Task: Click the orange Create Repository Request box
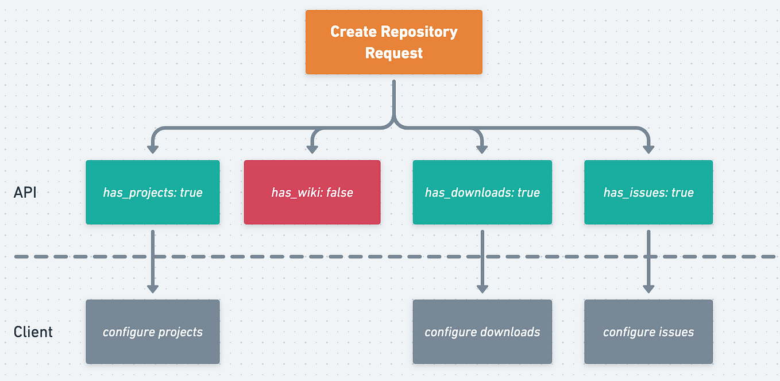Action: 393,42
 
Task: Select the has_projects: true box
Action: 153,192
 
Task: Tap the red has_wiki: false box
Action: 312,192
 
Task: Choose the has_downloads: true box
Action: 482,192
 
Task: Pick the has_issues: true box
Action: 648,192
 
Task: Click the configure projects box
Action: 153,332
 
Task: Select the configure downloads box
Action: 482,332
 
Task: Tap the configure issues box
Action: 648,332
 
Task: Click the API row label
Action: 25,192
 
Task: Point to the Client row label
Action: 33,332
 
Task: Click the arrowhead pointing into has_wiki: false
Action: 312,149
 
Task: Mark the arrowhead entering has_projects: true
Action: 153,149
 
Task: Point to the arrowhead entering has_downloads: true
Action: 482,149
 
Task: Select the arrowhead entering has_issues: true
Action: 648,149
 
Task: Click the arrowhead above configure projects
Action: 153,288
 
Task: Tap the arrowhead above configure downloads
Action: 482,288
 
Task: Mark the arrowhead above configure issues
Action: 648,288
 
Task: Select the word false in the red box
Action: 340,193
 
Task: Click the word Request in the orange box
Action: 393,53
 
